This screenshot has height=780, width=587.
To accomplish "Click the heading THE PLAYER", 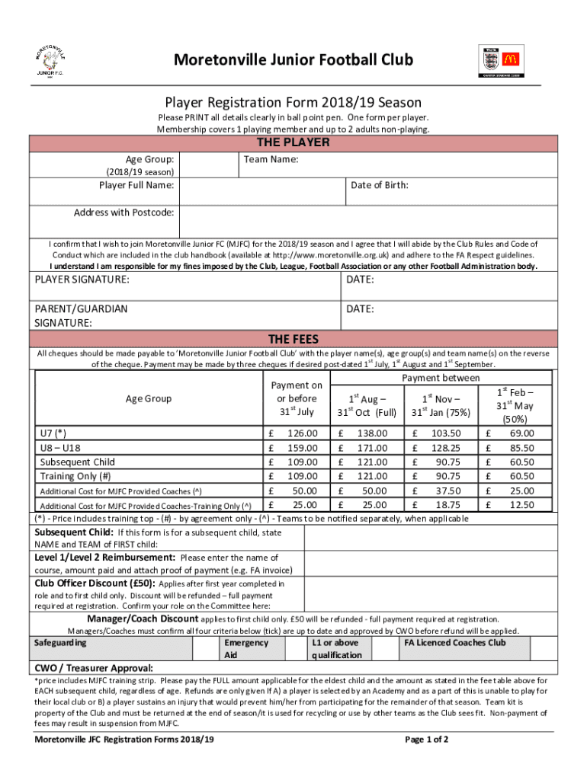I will click(293, 142).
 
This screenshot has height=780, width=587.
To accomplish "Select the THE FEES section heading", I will click(293, 339).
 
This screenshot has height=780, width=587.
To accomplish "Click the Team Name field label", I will click(271, 160).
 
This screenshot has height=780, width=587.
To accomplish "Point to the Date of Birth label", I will click(380, 185).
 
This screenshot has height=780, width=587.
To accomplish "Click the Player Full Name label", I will click(136, 185).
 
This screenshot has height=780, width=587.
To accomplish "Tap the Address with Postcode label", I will click(123, 212).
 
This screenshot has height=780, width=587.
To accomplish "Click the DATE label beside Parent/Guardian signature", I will click(360, 309).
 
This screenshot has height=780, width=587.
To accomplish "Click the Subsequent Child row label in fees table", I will click(78, 462).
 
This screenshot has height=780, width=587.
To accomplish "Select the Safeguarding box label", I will click(61, 642).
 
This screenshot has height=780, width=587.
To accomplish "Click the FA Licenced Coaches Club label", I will click(454, 642).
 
